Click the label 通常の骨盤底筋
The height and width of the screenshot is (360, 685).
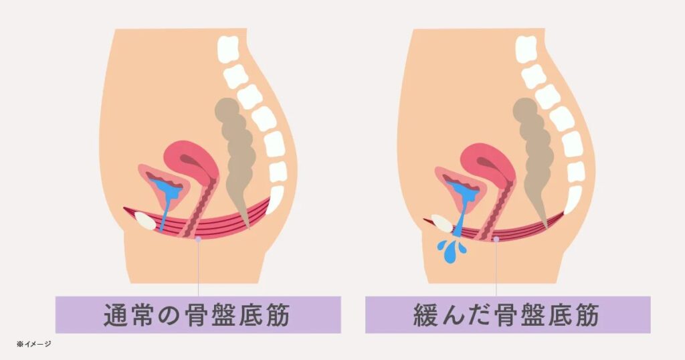pyautogui.click(x=197, y=315)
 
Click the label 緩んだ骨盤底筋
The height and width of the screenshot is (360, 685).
pyautogui.click(x=506, y=315)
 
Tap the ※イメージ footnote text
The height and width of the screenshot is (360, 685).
pyautogui.click(x=33, y=344)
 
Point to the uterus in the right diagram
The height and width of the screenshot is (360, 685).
pyautogui.click(x=488, y=164)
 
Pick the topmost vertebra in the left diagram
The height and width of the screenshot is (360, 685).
pyautogui.click(x=229, y=48)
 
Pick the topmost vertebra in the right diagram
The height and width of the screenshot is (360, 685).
pyautogui.click(x=526, y=48)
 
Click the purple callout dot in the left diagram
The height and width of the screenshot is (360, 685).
pyautogui.click(x=198, y=240)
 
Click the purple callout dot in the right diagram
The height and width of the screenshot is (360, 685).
pyautogui.click(x=496, y=240)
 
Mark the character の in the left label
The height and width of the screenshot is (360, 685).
pyautogui.click(x=169, y=315)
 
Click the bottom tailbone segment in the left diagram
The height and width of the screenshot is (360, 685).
pyautogui.click(x=274, y=201)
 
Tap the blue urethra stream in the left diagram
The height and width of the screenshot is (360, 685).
pyautogui.click(x=164, y=215)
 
